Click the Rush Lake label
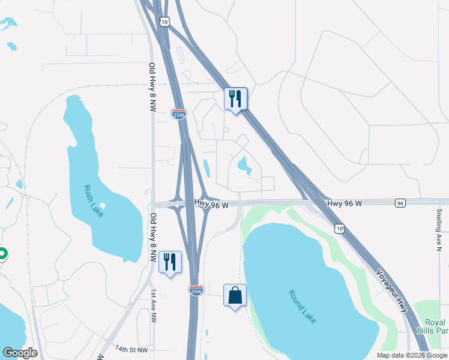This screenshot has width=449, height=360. click(94, 201)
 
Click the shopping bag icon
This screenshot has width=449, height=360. click(235, 296)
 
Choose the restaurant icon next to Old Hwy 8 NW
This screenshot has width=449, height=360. click(170, 262)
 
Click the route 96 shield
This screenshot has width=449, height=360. click(400, 204)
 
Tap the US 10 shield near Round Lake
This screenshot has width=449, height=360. click(340, 229)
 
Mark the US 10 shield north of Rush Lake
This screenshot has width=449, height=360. click(164, 21)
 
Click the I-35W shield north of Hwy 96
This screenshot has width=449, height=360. click(178, 114)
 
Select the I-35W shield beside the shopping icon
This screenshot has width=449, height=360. click(196, 290)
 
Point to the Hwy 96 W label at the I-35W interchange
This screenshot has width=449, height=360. click(212, 205)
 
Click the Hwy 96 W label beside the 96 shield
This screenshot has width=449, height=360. click(345, 204)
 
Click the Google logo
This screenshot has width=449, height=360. click(20, 353)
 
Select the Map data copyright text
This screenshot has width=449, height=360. click(411, 355)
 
